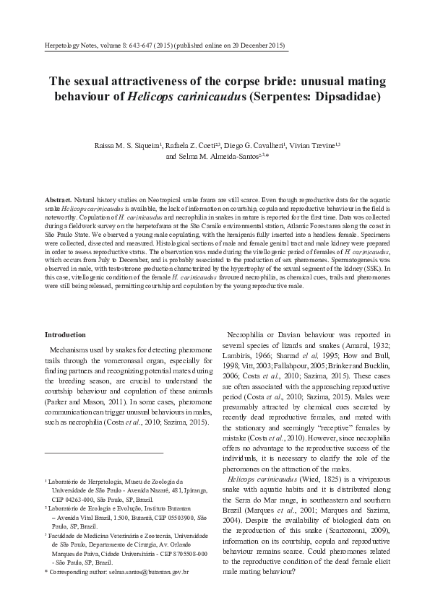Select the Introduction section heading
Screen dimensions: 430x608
click(x=65, y=335)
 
